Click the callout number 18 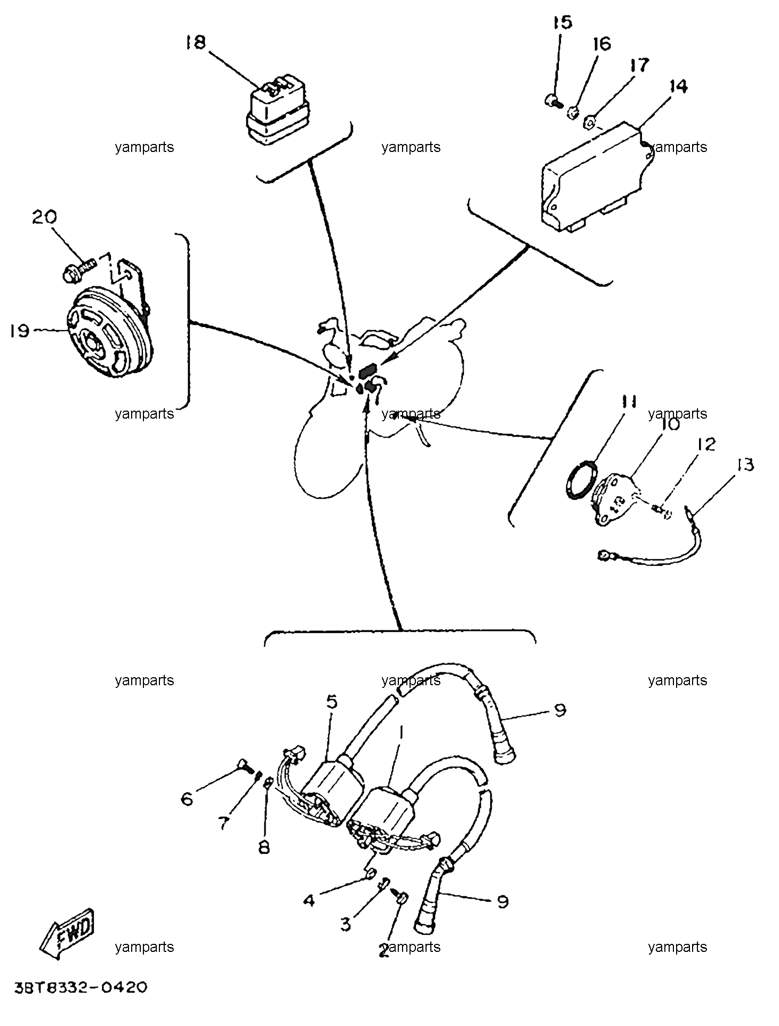(x=196, y=42)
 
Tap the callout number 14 (x=678, y=86)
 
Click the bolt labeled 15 (x=553, y=100)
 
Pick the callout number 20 (x=44, y=217)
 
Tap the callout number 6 (x=187, y=799)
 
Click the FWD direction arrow (x=67, y=930)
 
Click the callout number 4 (x=309, y=901)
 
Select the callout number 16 (x=602, y=44)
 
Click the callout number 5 (x=332, y=701)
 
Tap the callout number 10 (x=670, y=424)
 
